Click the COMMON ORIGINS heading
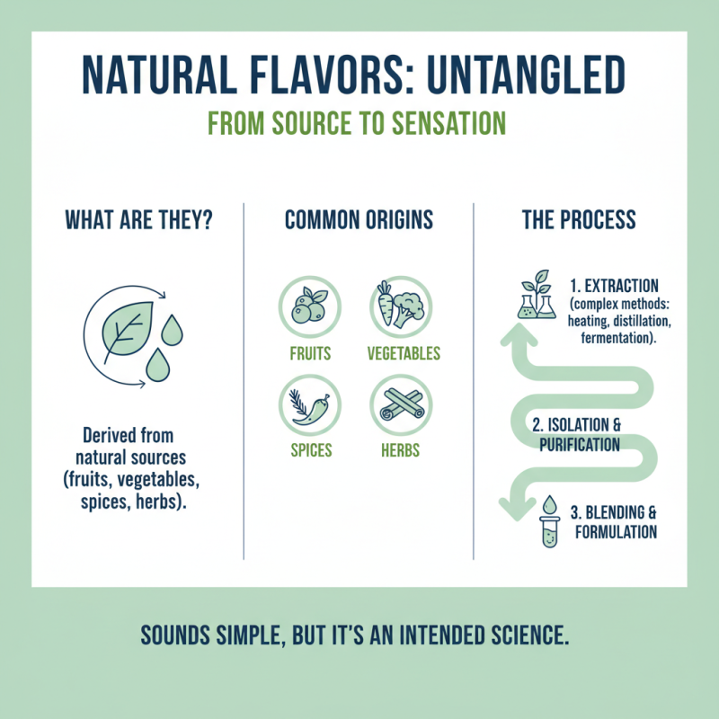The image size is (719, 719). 359,219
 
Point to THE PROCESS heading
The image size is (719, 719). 579,219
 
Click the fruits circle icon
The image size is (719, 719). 310,306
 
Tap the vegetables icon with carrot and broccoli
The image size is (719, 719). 403,306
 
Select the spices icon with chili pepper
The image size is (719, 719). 310,403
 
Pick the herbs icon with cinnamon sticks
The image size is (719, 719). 403,403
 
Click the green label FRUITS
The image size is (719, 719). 310,353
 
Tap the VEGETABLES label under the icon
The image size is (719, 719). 404,353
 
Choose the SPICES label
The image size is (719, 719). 310,449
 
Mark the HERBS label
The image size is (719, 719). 403,449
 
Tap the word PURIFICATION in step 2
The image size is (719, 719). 579,444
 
